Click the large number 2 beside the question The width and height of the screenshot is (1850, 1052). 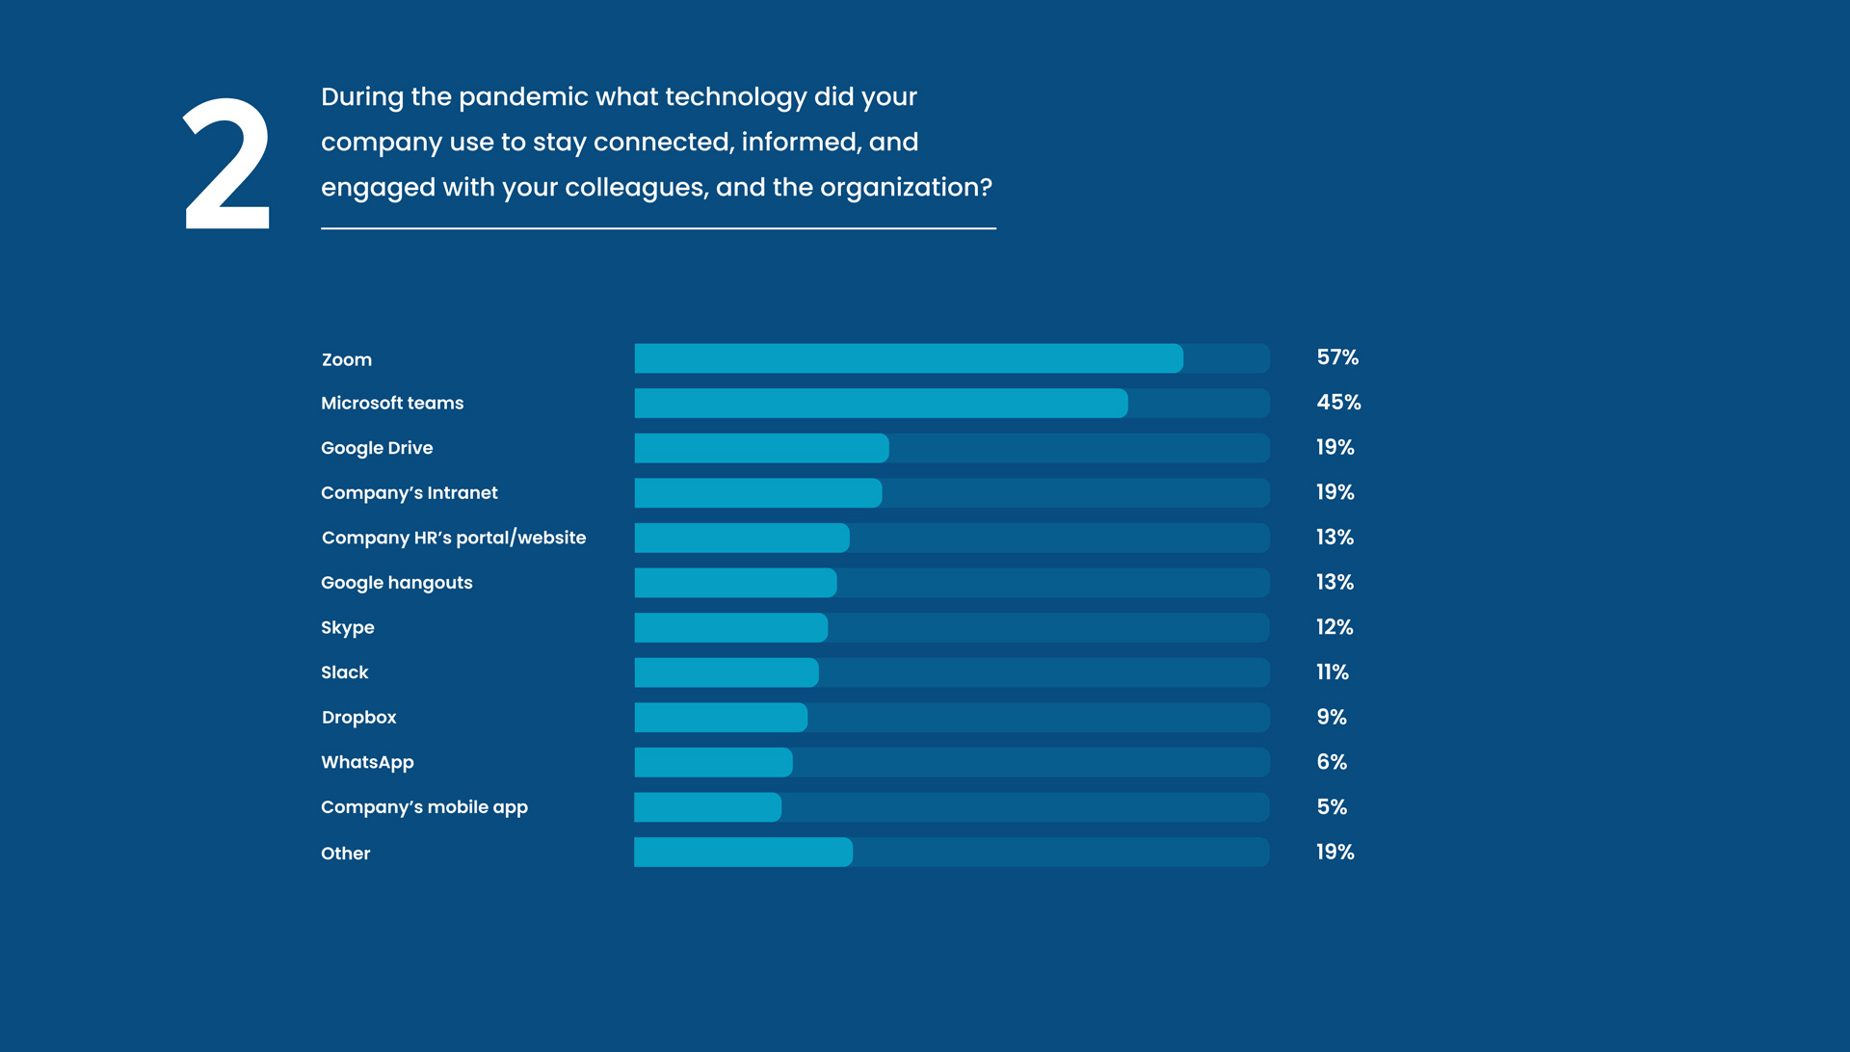227,163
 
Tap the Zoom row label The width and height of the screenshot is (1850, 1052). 347,359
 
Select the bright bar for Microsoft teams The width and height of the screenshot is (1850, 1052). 881,403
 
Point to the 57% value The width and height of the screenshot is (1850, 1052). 1337,357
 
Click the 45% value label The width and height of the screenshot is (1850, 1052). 1338,402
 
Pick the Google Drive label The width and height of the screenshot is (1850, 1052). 377,448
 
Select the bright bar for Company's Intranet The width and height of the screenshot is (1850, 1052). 758,492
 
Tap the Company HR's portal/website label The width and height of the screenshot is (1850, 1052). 454,538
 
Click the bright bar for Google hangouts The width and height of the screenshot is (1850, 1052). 735,582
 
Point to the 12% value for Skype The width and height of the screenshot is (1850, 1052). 1335,627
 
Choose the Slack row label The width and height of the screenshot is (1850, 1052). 345,672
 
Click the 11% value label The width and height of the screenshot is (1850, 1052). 1333,672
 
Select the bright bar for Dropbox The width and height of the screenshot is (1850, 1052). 721,717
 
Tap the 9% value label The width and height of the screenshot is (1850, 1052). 1332,717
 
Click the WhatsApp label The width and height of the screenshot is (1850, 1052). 367,762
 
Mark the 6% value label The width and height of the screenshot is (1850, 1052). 1332,762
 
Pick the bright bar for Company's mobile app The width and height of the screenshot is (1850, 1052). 707,807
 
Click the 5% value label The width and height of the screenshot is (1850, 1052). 1332,807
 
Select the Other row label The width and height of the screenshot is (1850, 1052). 346,854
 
